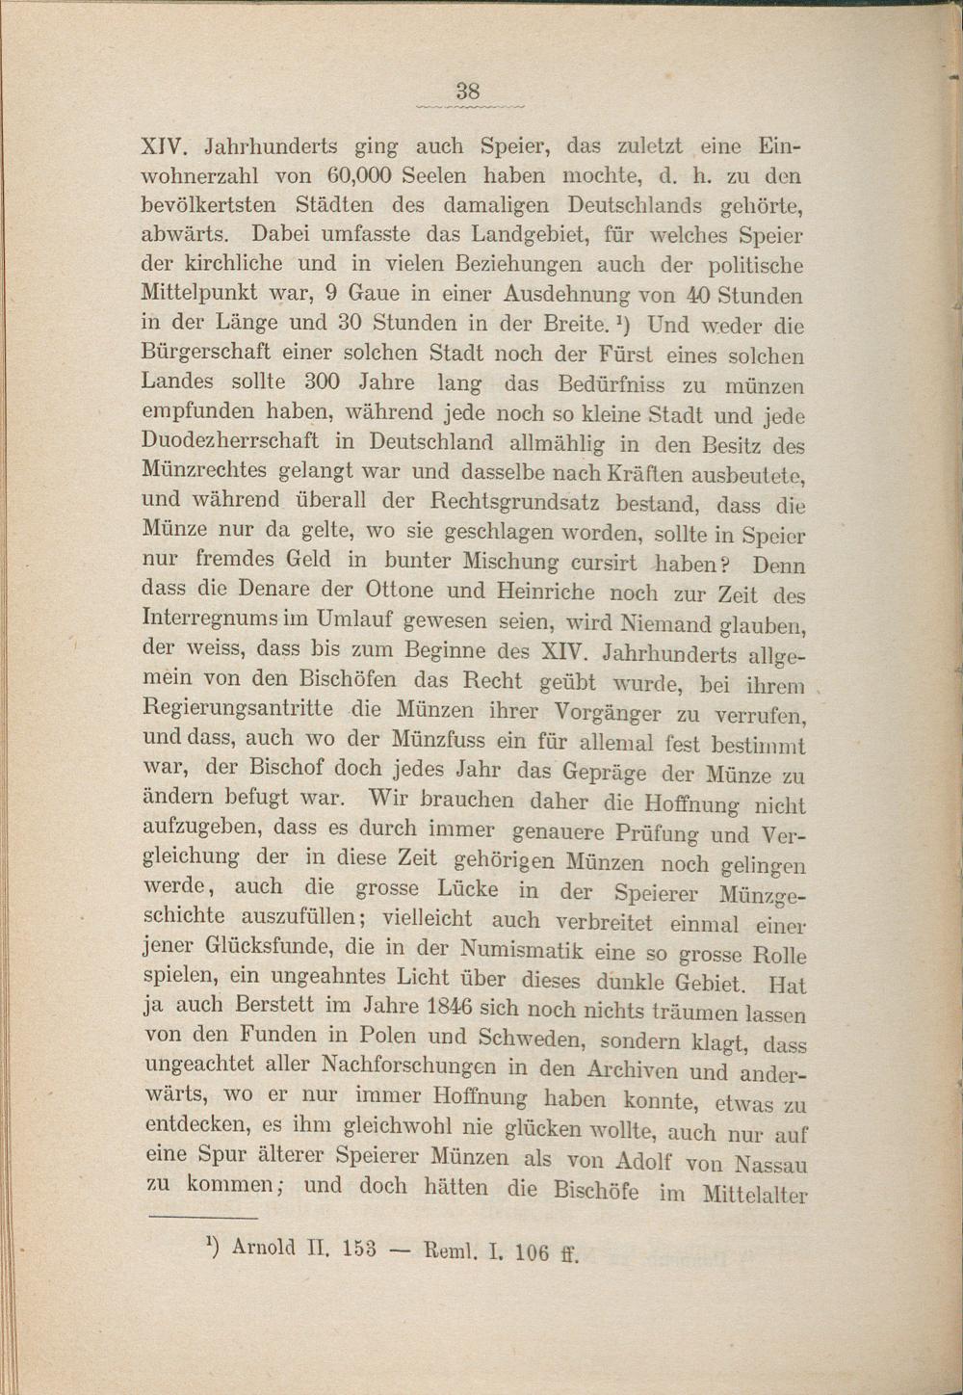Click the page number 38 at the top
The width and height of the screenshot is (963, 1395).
point(468,92)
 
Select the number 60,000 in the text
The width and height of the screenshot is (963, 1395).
point(357,176)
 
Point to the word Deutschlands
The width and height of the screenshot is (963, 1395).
point(636,206)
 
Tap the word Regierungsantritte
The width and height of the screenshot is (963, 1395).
point(237,709)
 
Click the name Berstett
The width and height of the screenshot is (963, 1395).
point(283,1005)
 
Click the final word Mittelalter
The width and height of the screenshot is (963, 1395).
point(754,1195)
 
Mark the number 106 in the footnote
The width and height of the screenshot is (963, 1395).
point(533,1252)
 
